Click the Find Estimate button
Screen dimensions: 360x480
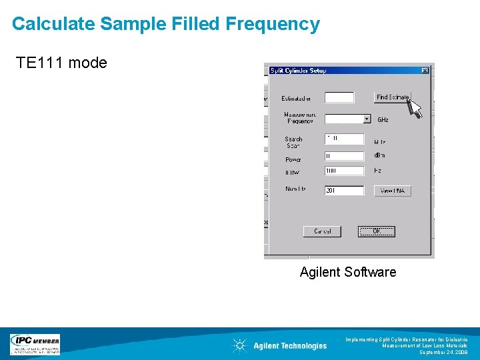[392, 97]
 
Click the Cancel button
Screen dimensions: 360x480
[322, 231]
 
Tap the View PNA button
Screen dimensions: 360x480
[392, 191]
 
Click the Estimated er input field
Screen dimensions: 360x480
[339, 97]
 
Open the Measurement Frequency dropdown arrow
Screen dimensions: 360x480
[367, 119]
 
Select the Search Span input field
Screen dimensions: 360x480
[344, 139]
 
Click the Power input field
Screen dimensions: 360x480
[344, 155]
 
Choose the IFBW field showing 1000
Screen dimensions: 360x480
[344, 171]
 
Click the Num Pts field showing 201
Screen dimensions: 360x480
[344, 191]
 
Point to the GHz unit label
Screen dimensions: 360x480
[383, 120]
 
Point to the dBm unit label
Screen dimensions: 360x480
[379, 155]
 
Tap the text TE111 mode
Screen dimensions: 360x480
[61, 63]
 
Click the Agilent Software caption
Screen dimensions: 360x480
[347, 272]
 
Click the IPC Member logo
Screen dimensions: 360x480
[35, 344]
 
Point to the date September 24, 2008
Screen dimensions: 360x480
[443, 352]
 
